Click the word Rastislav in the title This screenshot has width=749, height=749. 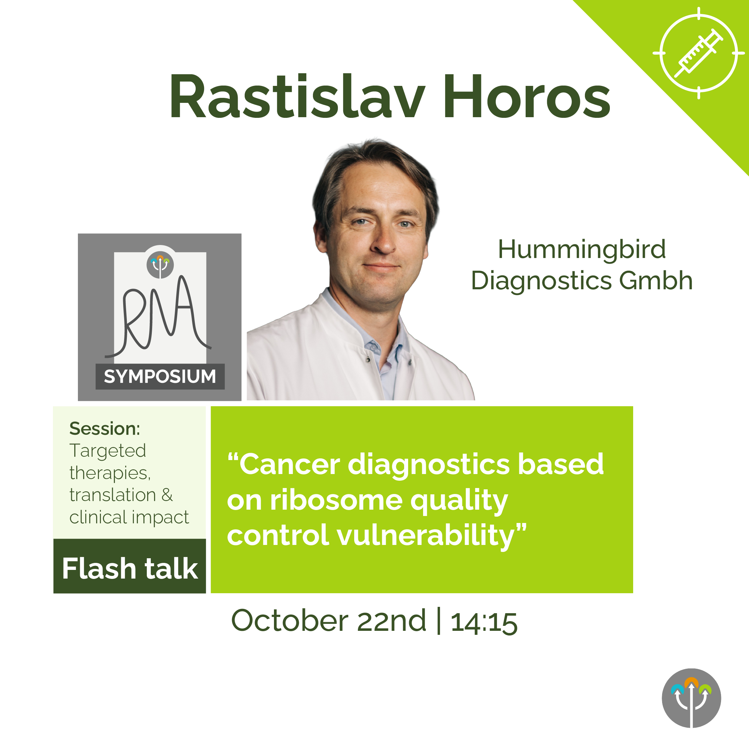297,96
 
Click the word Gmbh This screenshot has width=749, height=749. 655,280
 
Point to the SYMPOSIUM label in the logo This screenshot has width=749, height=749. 160,376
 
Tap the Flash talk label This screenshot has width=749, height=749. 130,569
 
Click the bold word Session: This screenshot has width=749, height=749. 105,429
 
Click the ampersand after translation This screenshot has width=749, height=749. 167,495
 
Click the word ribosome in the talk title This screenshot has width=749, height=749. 336,500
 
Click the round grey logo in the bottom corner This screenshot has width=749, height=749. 691,698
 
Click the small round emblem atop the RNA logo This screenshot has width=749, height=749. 160,265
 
